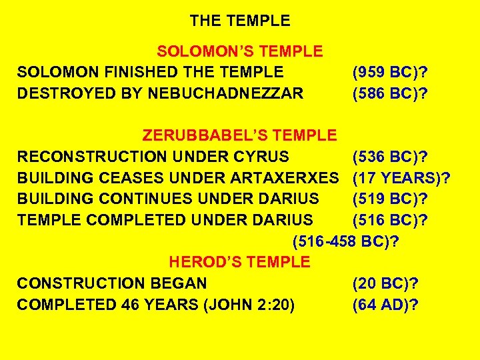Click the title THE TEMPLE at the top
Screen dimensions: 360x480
[x=240, y=21]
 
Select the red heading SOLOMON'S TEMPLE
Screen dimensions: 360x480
[x=240, y=51]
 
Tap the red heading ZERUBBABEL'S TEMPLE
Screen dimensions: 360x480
[x=240, y=136]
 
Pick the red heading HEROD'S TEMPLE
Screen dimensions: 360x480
[x=240, y=262]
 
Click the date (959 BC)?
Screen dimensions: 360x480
[x=390, y=73]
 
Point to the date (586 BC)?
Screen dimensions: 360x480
[x=390, y=94]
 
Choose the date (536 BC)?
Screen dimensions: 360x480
[x=390, y=157]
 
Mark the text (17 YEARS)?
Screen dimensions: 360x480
[x=401, y=178]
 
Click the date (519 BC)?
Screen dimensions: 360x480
[x=390, y=199]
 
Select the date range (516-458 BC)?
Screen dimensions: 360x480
[x=346, y=241]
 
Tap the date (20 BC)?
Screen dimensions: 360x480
[x=385, y=283]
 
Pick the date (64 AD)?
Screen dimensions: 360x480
[x=385, y=305]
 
